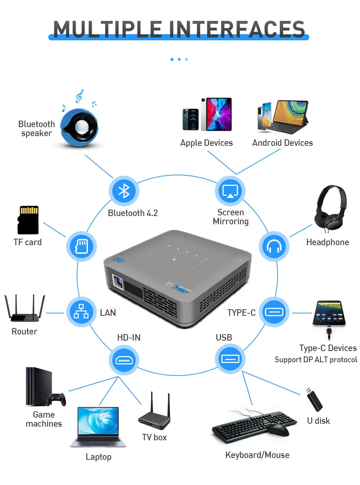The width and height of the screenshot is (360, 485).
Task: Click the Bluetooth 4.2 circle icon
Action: pyautogui.click(x=124, y=191)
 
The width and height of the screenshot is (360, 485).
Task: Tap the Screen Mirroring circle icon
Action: pyautogui.click(x=230, y=191)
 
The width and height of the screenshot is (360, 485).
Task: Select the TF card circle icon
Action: pyautogui.click(x=81, y=247)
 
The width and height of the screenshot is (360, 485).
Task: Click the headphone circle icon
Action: pyautogui.click(x=274, y=247)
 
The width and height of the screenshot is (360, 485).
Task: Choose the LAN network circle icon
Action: pyautogui.click(x=81, y=312)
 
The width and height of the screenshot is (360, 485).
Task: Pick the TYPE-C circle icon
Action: pyautogui.click(x=274, y=312)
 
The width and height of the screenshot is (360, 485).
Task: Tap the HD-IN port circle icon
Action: pyautogui.click(x=124, y=360)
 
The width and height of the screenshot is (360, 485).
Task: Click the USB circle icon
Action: pyautogui.click(x=230, y=359)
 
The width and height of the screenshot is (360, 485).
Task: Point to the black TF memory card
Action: pyautogui.click(x=28, y=220)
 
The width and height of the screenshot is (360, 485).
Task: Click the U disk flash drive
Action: pyautogui.click(x=314, y=399)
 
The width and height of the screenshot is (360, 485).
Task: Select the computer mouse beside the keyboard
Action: pyautogui.click(x=278, y=430)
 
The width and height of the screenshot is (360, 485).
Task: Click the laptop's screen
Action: pyautogui.click(x=98, y=421)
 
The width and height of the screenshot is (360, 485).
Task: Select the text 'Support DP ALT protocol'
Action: pyautogui.click(x=316, y=360)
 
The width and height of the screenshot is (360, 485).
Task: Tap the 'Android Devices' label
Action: pyautogui.click(x=282, y=143)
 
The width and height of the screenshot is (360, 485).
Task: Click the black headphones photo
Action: pyautogui.click(x=330, y=208)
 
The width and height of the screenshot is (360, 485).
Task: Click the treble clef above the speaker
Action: pyautogui.click(x=79, y=96)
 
